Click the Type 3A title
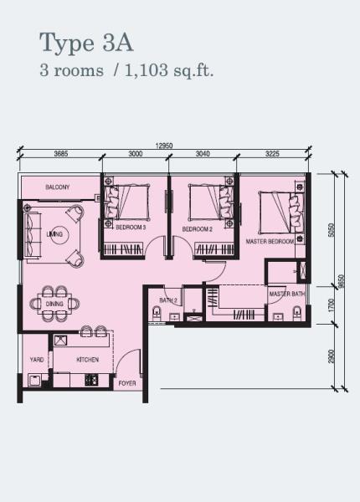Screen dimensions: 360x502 point(86,44)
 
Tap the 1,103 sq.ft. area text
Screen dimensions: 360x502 point(168,70)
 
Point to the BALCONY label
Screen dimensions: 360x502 point(57,187)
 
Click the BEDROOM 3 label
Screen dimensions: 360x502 point(131,228)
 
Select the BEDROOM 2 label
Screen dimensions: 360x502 point(198,229)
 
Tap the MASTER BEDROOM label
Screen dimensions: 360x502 point(270,242)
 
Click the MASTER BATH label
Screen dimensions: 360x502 point(287,294)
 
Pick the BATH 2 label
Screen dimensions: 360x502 point(168,300)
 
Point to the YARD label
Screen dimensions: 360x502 point(37,360)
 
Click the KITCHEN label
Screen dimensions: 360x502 point(87,360)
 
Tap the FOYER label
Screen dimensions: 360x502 point(127,383)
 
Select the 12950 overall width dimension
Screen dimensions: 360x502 point(164,146)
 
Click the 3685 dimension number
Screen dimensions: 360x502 point(61,154)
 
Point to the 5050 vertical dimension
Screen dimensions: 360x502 point(332,230)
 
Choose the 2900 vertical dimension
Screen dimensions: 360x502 point(332,356)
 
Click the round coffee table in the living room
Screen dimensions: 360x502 point(55,234)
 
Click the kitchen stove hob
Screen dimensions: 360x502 point(91,380)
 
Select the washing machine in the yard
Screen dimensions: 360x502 point(34,380)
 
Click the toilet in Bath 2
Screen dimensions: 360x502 point(157,313)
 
